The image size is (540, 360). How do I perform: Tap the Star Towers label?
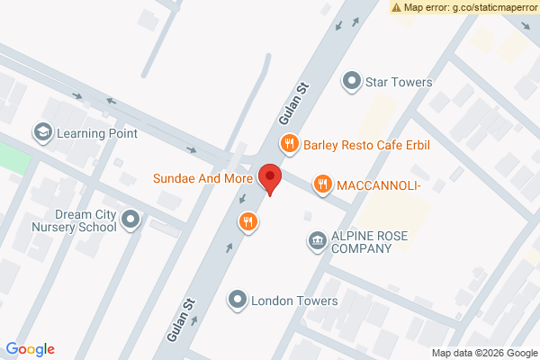pyautogui.click(x=399, y=82)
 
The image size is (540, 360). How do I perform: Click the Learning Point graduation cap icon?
pyautogui.click(x=42, y=133)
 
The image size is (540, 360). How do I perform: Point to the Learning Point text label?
pyautogui.click(x=97, y=133)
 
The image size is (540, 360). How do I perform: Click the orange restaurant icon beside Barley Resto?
pyautogui.click(x=289, y=142)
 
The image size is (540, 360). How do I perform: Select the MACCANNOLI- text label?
pyautogui.click(x=378, y=185)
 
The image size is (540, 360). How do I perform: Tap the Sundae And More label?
pyautogui.click(x=202, y=178)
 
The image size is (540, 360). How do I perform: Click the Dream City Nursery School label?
pyautogui.click(x=72, y=220)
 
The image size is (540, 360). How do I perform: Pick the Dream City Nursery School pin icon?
pyautogui.click(x=131, y=219)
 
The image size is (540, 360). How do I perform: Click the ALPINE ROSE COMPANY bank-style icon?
pyautogui.click(x=317, y=240)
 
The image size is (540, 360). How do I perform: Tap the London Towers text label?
pyautogui.click(x=294, y=301)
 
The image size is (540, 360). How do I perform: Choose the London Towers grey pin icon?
pyautogui.click(x=238, y=299)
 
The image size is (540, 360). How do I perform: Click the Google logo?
pyautogui.click(x=30, y=349)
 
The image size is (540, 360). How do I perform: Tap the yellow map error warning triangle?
pyautogui.click(x=396, y=7)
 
